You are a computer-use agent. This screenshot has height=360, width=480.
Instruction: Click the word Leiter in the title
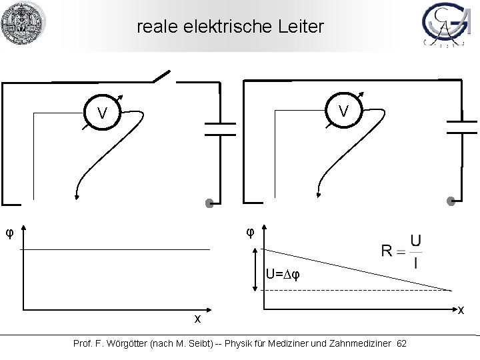click(x=301, y=27)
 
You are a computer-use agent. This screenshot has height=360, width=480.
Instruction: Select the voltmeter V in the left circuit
click(x=102, y=114)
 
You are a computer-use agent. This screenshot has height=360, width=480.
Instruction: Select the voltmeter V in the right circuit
click(x=342, y=110)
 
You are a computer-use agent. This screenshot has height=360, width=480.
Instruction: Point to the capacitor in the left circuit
click(x=218, y=128)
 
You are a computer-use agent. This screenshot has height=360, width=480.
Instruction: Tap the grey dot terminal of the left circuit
click(x=209, y=204)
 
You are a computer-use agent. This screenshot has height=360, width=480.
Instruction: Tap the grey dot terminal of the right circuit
click(x=451, y=201)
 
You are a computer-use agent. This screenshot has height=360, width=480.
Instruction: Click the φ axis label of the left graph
click(x=9, y=233)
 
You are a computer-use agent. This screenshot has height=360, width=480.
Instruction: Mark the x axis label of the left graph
click(x=197, y=319)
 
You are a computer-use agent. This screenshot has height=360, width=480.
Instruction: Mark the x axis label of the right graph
click(x=462, y=310)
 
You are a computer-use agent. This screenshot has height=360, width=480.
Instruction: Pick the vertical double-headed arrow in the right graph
click(x=255, y=271)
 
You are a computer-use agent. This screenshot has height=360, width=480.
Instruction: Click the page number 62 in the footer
click(x=401, y=343)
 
